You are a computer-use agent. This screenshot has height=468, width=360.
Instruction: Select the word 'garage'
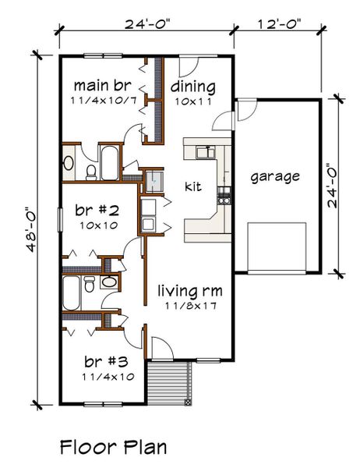[275, 176]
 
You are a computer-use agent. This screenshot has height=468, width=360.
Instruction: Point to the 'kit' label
[193, 186]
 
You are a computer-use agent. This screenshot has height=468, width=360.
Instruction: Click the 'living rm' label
[191, 291]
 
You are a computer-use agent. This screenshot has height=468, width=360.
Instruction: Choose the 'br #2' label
[97, 210]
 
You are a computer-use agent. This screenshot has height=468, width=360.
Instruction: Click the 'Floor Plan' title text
[113, 447]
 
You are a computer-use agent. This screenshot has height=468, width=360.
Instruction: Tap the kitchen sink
[206, 152]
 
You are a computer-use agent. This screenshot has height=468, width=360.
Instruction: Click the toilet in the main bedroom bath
[90, 169]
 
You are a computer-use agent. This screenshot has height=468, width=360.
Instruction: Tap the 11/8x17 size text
[191, 306]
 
